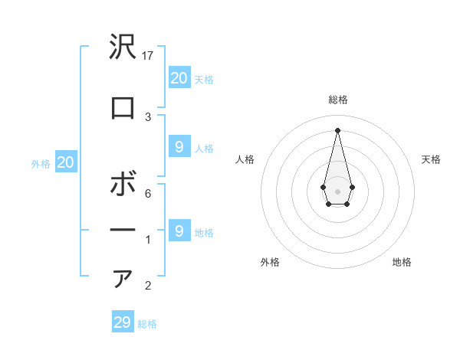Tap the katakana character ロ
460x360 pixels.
click(123, 108)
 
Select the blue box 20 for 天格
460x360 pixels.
click(179, 77)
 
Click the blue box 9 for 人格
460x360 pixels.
click(179, 147)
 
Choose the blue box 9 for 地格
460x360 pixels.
click(179, 231)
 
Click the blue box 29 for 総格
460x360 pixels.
click(123, 322)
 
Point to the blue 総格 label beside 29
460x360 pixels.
click(148, 324)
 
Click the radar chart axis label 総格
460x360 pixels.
click(337, 100)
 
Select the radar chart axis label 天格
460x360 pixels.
click(431, 159)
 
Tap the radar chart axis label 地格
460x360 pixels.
click(402, 262)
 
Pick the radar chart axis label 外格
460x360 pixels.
click(270, 262)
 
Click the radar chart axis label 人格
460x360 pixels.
click(245, 159)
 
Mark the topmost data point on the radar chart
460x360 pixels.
click(337, 129)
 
